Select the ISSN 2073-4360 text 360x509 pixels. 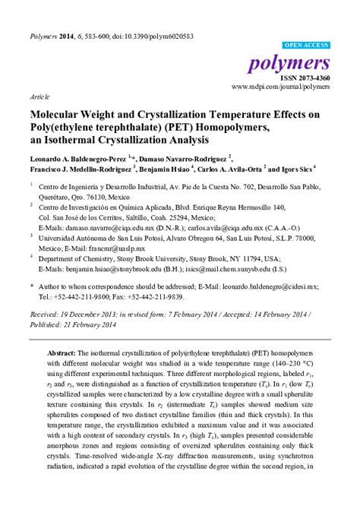point(307,78)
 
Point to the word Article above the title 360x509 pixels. point(40,98)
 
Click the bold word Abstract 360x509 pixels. point(61,354)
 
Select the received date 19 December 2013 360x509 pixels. point(95,313)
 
